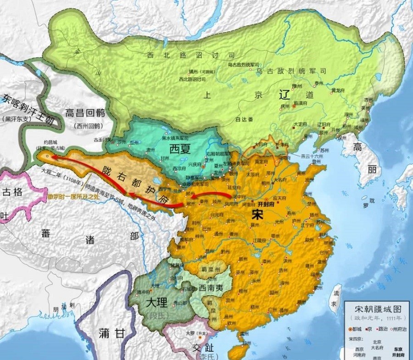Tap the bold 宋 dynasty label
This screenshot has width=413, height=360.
coord(258,215)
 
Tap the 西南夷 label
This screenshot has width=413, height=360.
coord(212,289)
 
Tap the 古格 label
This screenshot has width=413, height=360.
coord(11,192)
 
